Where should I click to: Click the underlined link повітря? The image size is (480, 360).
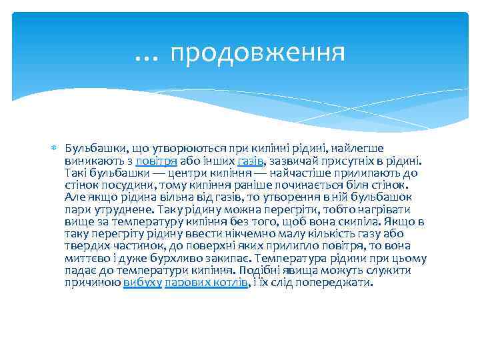156,161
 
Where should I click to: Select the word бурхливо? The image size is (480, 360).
166,258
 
